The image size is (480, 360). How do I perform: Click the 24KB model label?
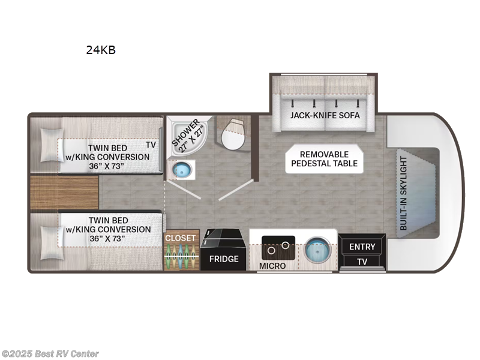coord(101,50)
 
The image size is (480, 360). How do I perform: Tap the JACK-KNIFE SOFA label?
coord(325,116)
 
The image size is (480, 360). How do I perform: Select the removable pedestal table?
coord(324,158)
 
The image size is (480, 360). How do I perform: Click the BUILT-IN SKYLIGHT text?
coord(403,193)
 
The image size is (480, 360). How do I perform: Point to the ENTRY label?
coord(362,247)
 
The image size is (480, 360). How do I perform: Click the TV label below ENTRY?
coord(362,262)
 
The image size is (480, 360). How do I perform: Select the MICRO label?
coord(272,265)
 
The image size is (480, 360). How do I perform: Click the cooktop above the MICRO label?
coord(278,247)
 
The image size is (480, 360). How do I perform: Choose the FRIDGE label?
coord(223,259)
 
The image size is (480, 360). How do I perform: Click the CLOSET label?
coord(181,238)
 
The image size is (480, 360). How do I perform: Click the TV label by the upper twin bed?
coord(151,145)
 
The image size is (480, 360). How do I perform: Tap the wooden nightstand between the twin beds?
coord(64,193)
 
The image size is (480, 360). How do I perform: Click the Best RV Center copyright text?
coord(50,354)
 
